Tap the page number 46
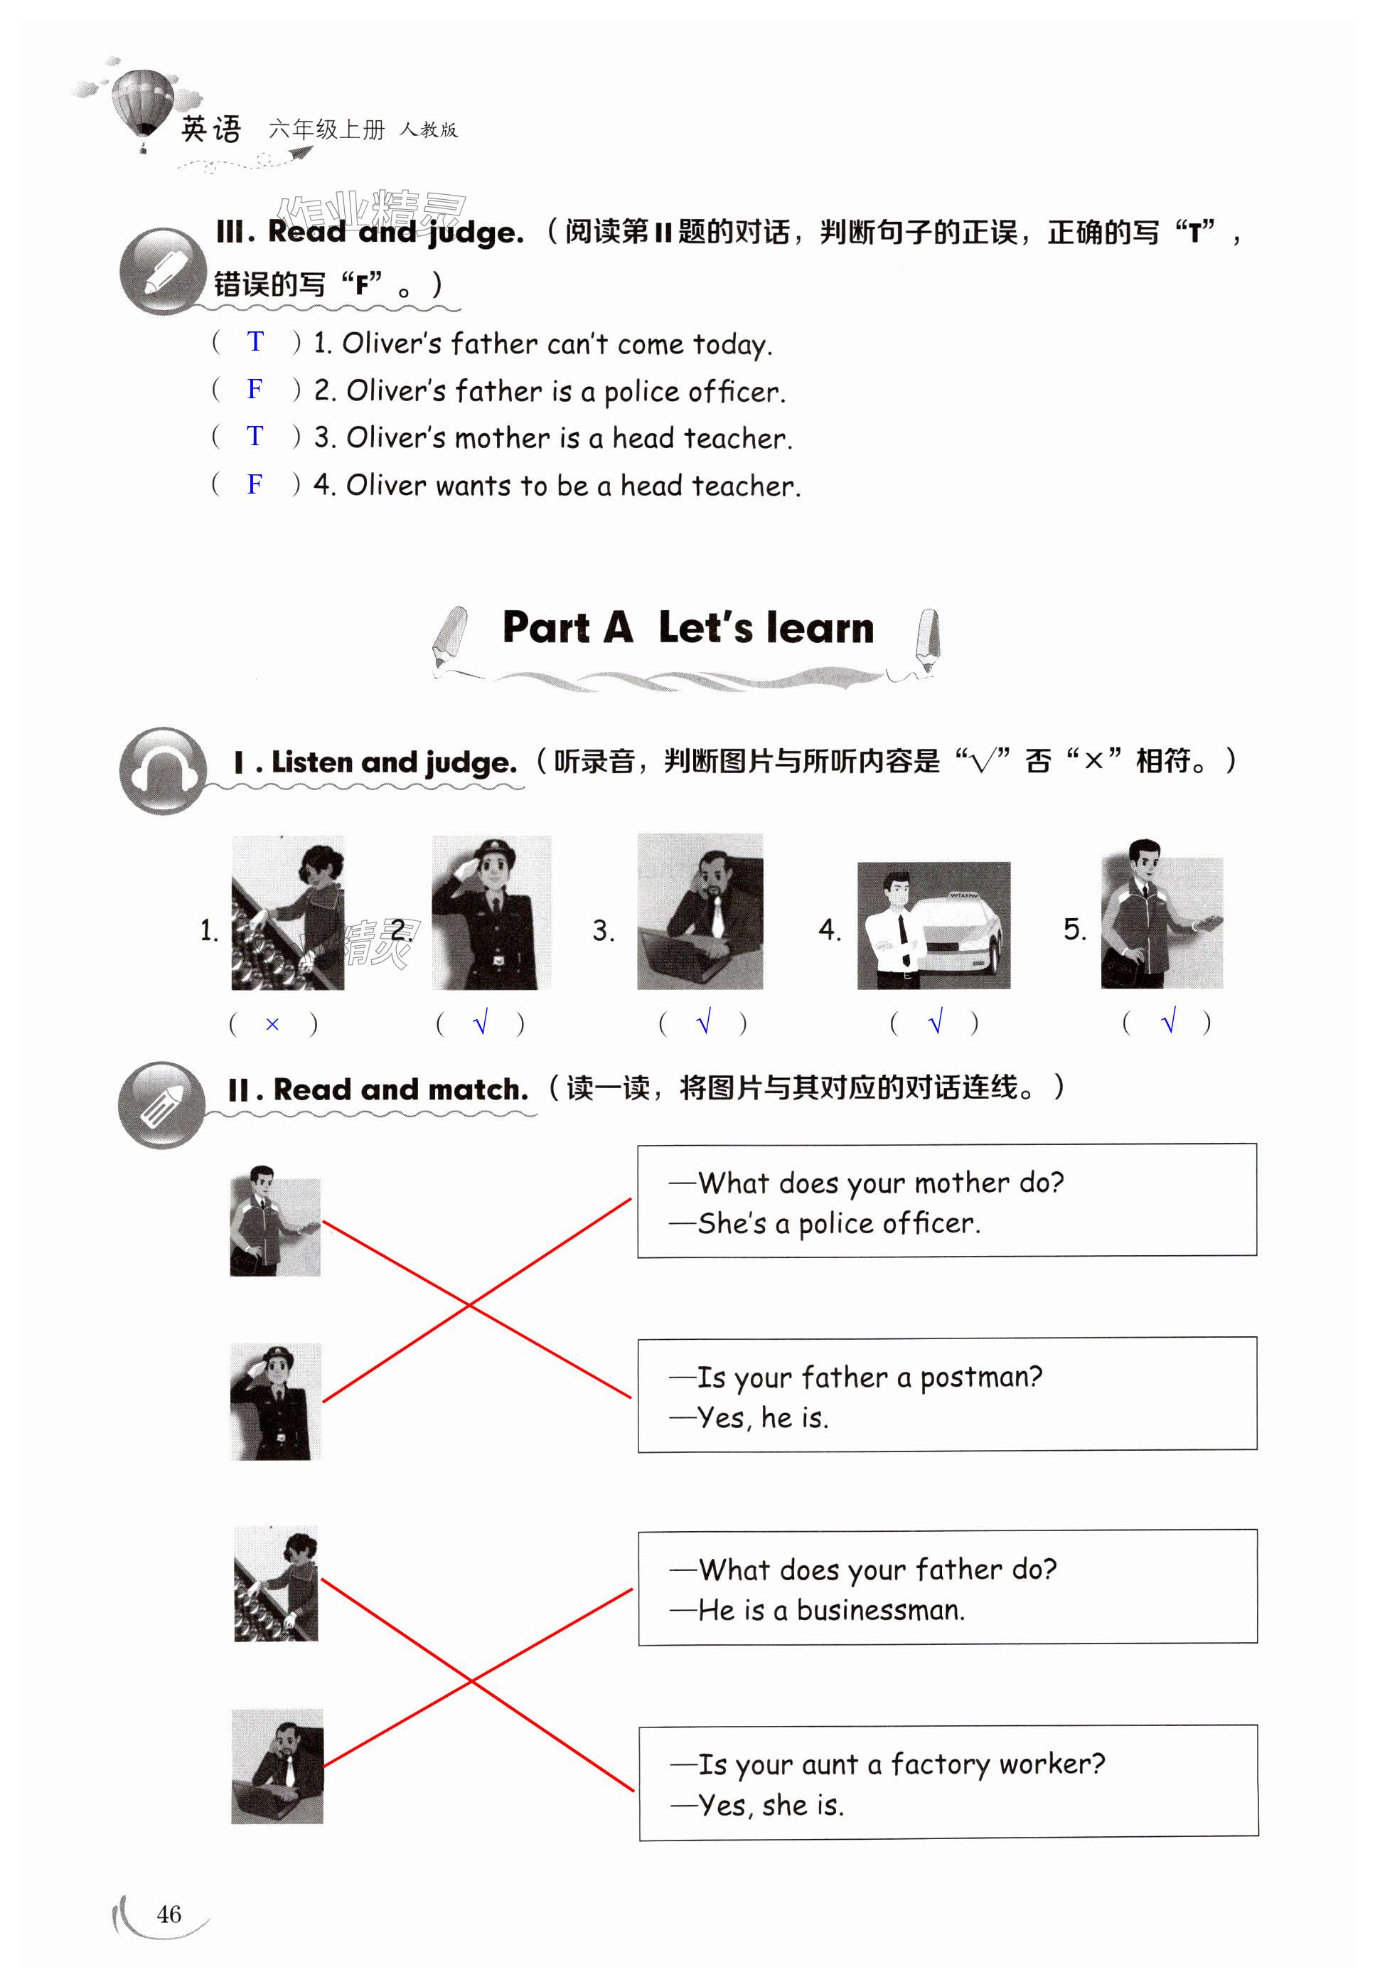click(x=169, y=1914)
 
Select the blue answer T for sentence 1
click(x=255, y=342)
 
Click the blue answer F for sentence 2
click(x=255, y=390)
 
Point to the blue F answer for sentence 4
click(x=255, y=484)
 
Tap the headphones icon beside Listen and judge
click(x=163, y=770)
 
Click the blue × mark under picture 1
click(x=272, y=1025)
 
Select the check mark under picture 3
click(x=704, y=1023)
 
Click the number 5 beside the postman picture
click(x=1074, y=929)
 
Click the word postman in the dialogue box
click(x=980, y=1378)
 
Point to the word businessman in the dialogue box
click(x=879, y=1611)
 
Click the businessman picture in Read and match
click(x=277, y=1766)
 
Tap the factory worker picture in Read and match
click(x=277, y=1584)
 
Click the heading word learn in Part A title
click(x=819, y=628)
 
